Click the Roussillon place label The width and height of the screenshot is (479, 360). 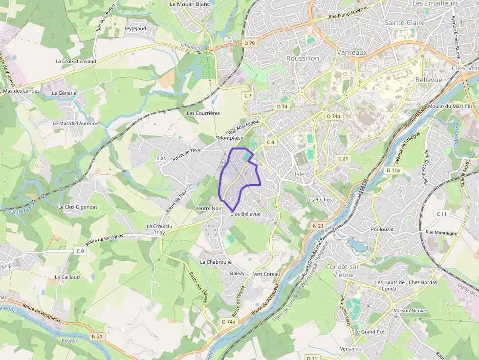point(303,58)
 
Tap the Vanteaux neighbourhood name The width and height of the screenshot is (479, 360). point(352,52)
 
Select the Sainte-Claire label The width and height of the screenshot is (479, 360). point(405,22)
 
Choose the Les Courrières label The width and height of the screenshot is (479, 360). point(203,113)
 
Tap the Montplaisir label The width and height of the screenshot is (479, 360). point(231,138)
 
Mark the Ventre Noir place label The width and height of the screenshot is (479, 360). point(208,208)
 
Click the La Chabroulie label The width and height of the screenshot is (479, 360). point(216,262)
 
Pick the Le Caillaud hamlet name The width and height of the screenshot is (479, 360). point(67,276)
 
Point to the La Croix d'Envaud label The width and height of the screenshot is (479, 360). point(76,61)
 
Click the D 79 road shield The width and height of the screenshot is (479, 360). point(249,43)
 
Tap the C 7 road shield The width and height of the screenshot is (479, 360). point(248,95)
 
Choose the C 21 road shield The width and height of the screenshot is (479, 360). point(344,158)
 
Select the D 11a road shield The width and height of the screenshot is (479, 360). point(392,170)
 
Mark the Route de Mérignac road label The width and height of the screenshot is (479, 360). point(104,239)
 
